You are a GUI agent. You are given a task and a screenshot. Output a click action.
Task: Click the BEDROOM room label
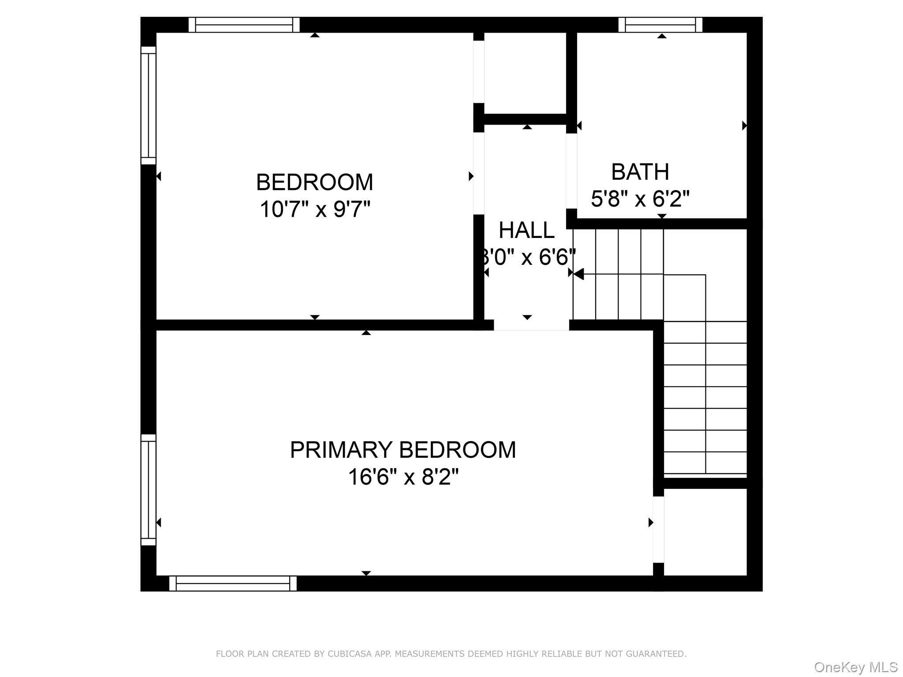pos(314,182)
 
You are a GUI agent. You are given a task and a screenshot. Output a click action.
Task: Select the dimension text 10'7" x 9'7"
pos(314,209)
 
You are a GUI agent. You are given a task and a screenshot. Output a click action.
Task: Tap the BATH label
pos(640,171)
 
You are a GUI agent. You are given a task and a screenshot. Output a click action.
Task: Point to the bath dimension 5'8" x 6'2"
pos(640,198)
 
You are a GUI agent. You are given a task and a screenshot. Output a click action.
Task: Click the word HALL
pos(526,230)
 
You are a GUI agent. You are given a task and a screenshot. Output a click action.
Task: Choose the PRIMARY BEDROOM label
pos(403,450)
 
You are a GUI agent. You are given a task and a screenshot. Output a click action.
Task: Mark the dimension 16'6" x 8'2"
pos(403,477)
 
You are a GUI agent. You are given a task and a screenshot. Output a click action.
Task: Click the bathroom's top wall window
pos(660,25)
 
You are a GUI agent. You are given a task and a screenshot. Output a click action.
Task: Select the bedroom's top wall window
pos(244,25)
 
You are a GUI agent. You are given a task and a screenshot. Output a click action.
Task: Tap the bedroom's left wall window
pos(149,105)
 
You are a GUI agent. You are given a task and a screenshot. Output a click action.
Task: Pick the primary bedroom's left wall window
pos(149,490)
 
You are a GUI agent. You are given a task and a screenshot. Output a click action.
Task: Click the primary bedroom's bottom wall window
pos(233,583)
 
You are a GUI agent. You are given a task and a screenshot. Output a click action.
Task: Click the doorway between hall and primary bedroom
pos(531,325)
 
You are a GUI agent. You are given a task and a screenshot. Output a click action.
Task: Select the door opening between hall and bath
pos(571,171)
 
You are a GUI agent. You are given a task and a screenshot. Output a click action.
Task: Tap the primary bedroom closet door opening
pos(658,529)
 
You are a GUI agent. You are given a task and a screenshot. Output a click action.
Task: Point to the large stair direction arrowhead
pos(579,274)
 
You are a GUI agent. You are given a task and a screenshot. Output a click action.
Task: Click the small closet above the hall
pos(525,73)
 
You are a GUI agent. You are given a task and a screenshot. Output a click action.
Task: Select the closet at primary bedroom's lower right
pos(705,532)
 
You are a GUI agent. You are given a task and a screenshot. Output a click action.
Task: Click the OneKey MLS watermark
pos(856,667)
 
